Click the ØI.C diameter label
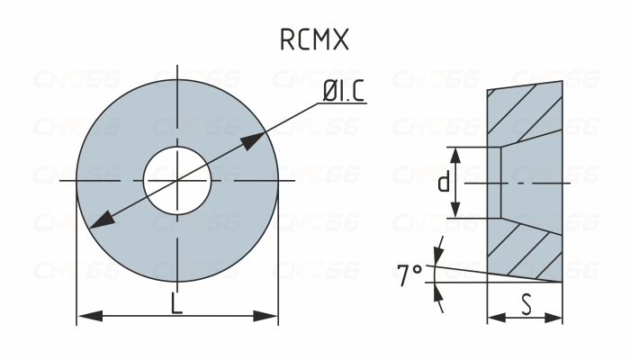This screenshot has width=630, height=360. pyautogui.click(x=343, y=91)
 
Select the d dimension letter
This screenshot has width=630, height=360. pyautogui.click(x=444, y=183)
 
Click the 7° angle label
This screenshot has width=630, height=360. pyautogui.click(x=410, y=274)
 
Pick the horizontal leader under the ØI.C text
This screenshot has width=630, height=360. pyautogui.click(x=342, y=103)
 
